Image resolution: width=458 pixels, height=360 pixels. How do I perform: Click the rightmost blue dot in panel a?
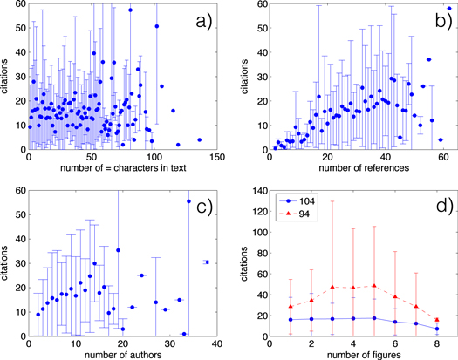(x=198, y=139)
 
